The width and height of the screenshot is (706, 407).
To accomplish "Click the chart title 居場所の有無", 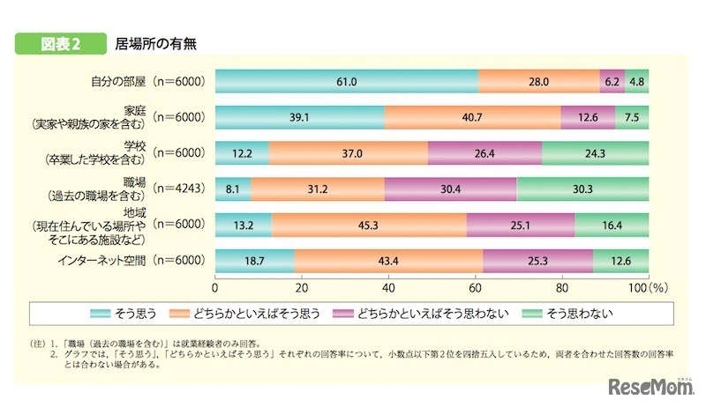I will [154, 41].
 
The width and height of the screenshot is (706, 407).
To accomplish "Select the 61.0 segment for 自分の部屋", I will [346, 81].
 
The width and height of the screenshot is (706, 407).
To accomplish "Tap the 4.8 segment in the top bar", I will [637, 81].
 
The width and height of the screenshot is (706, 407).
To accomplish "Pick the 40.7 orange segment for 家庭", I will [472, 117].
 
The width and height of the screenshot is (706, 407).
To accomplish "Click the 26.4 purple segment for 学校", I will [484, 152].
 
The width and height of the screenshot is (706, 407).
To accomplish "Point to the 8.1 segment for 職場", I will [233, 188].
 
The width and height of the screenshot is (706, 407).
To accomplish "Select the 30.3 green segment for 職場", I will [582, 188].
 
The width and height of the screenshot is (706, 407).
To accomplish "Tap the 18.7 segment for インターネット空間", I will [255, 260].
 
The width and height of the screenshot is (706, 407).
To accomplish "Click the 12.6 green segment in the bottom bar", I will [620, 260].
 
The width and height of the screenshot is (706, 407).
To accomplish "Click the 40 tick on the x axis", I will [389, 288].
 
